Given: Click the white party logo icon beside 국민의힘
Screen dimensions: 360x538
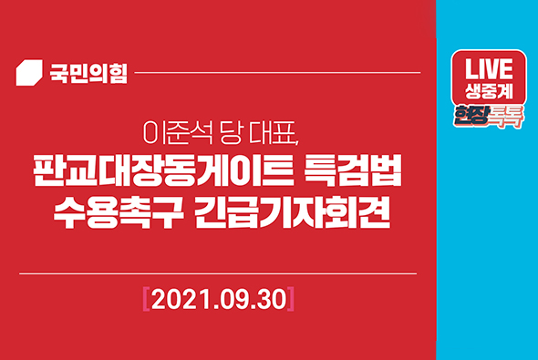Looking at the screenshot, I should click(x=32, y=72).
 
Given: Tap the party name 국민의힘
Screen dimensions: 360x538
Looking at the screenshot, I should click(x=87, y=72).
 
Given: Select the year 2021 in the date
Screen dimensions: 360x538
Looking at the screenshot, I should click(x=180, y=297).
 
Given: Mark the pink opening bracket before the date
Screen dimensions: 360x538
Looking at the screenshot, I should click(x=146, y=297).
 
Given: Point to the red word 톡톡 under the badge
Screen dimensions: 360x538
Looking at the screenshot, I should click(x=507, y=117).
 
